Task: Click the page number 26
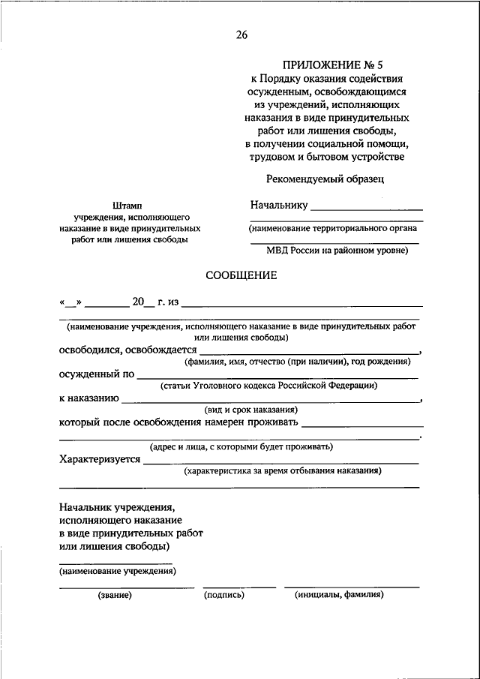[241, 34]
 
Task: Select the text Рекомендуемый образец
[324, 179]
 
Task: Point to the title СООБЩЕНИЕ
[241, 275]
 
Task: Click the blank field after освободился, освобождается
[308, 352]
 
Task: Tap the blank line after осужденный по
[277, 376]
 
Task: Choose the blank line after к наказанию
[270, 400]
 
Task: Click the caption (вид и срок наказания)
[251, 410]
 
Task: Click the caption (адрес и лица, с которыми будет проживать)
[241, 446]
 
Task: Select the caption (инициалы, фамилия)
[339, 595]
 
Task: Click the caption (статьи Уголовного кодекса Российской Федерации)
[268, 386]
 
